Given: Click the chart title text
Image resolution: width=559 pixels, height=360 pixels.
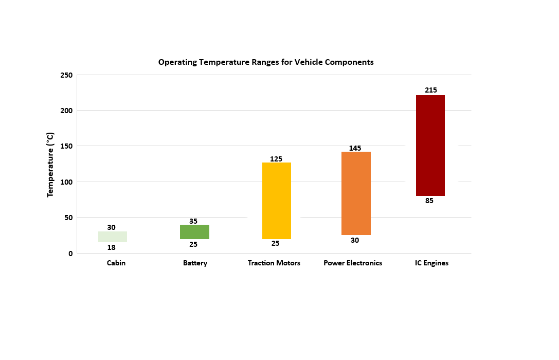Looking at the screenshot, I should coord(265,62).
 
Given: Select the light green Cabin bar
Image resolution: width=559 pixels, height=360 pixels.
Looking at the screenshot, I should coord(113,237).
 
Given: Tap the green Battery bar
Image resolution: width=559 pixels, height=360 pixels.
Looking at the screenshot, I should coord(194,232).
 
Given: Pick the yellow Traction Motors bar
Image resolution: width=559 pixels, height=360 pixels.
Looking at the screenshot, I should coord(277,201).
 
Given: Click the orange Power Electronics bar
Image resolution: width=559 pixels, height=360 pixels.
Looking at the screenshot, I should coord(356,193).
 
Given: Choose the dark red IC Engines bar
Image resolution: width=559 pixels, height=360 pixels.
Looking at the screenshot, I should coord(430,145).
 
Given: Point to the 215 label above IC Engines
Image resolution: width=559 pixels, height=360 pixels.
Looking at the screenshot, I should coord(431,91).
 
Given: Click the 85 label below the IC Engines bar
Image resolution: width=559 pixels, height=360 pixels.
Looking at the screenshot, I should coord(429,201).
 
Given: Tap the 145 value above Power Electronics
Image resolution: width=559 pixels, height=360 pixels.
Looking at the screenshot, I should coord(355,148).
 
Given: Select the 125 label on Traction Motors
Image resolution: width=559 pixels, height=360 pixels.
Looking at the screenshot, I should coord(276,159).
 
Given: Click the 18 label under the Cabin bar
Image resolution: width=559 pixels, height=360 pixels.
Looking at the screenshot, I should coord(111,247).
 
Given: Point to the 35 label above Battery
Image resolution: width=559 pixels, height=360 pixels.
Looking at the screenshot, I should coord(193,221).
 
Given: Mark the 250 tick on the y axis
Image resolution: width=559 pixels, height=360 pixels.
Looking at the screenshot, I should coord(66,75).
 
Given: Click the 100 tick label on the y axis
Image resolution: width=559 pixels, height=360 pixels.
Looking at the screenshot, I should coord(66,182).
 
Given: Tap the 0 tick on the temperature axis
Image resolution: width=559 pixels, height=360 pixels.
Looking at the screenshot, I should coord(70,254).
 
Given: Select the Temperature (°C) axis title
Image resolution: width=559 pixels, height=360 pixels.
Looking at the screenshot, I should coord(50,165).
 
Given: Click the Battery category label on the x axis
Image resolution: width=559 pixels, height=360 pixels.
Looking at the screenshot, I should coord(195,263).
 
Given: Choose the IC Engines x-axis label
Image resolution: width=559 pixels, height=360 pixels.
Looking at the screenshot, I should coord(431,263).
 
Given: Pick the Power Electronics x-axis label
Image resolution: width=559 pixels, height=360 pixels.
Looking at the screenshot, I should coord(353,263).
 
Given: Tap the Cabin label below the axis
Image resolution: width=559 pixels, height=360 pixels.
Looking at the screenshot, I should coord(116,263).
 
